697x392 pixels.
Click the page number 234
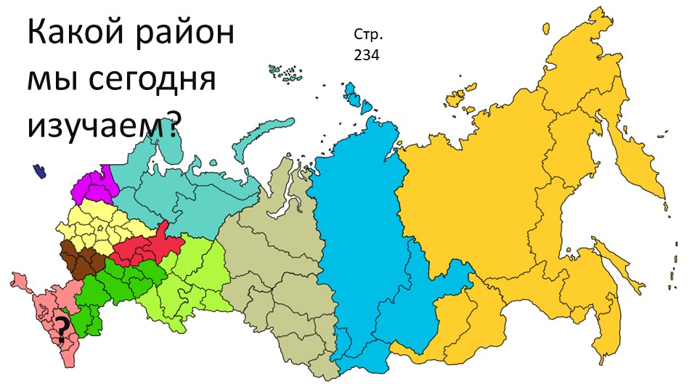(367, 54)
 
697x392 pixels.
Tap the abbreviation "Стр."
(367, 35)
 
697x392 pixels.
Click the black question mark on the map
(63, 331)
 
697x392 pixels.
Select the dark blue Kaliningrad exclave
(39, 171)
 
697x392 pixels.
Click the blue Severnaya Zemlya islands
(357, 98)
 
